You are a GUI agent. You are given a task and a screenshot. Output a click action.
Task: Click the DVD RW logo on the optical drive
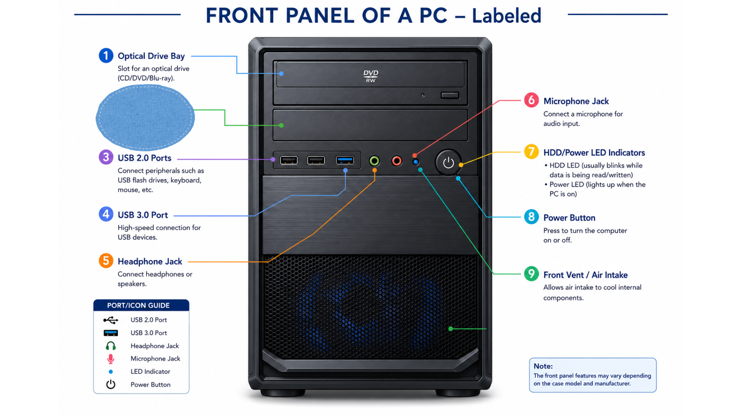point(371,76)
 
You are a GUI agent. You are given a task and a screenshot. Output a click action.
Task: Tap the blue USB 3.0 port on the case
point(345,160)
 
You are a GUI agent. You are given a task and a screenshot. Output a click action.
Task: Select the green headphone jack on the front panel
point(374,161)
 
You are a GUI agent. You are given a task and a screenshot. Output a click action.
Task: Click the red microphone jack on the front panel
point(397,161)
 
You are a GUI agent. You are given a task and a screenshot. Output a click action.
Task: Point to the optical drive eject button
point(450,95)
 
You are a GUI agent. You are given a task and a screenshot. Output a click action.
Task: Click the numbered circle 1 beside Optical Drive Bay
point(106,56)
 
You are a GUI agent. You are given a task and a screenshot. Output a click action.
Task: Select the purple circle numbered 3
point(106,157)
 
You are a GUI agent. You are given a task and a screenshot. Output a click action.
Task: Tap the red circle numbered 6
point(531,100)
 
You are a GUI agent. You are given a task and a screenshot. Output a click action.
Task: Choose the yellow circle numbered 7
point(531,151)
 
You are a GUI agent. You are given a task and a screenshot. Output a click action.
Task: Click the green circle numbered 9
point(531,274)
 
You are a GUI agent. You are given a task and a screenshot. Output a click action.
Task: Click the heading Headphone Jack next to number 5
point(150,261)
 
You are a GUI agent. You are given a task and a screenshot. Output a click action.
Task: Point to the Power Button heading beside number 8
point(569,218)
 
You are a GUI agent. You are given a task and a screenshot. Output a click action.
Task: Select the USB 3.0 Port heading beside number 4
point(143,215)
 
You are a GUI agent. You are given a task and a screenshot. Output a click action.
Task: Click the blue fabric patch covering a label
point(145,117)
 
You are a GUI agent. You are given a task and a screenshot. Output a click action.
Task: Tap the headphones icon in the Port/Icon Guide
point(111,346)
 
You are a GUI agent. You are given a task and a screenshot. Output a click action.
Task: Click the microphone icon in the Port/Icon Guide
point(111,359)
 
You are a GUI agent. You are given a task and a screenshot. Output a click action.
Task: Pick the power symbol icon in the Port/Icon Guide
point(111,384)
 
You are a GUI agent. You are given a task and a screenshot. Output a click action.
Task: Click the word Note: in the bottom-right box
point(543,366)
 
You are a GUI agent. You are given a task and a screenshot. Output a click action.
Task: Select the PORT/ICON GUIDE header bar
point(141,305)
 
